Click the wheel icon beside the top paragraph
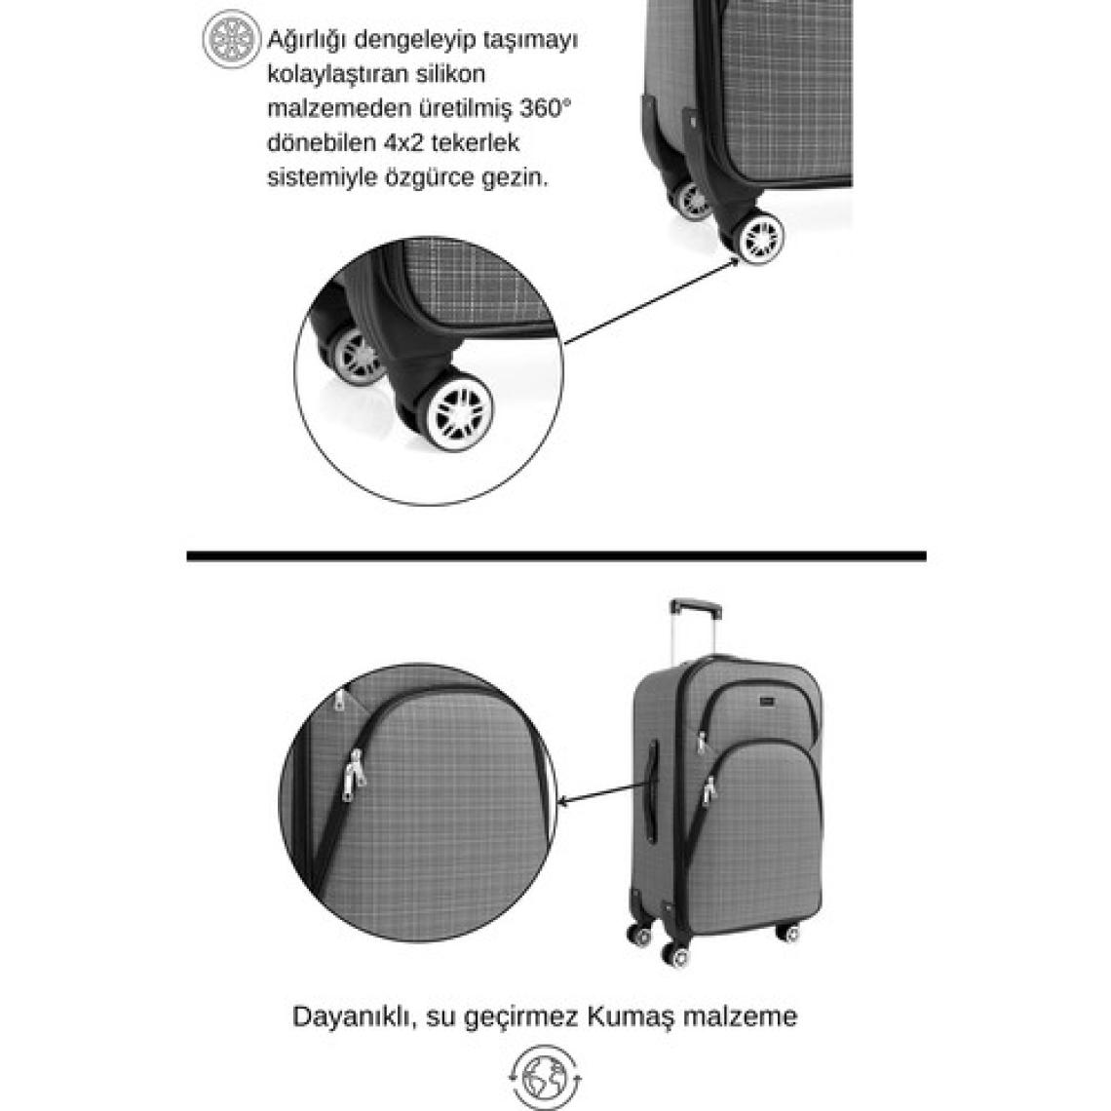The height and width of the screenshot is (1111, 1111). pos(231,39)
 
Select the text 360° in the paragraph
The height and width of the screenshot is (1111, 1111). pos(545,108)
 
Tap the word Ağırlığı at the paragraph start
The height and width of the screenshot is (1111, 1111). pos(306,40)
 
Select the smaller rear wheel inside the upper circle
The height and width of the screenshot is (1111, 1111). pos(358,355)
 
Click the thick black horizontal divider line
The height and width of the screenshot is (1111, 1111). pos(556,556)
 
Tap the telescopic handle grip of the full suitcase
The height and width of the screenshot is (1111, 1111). pos(695,606)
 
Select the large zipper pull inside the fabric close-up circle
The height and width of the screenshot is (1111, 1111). pos(354,775)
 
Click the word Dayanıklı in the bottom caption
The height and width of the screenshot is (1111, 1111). pos(349,1016)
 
